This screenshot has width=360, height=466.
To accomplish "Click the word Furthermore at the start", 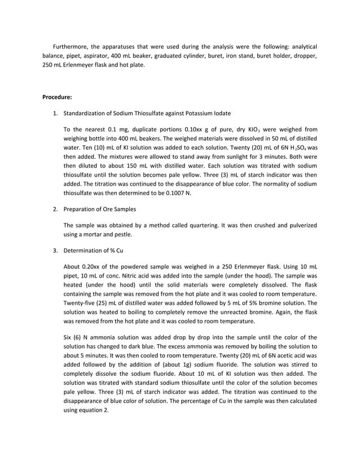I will [71, 46].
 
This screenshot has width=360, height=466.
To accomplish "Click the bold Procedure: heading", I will [57, 96].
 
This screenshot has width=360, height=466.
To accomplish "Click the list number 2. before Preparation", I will [55, 209].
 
